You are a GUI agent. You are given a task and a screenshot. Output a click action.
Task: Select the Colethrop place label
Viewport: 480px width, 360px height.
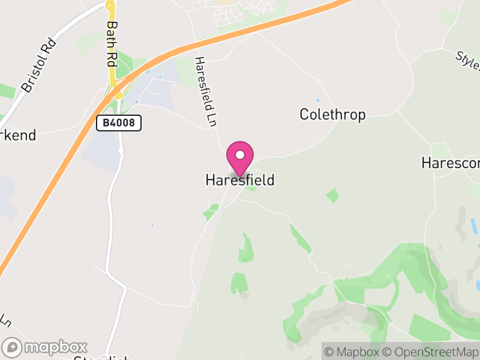(332, 115)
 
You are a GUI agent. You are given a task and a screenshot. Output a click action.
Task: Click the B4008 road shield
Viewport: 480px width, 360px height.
(119, 124)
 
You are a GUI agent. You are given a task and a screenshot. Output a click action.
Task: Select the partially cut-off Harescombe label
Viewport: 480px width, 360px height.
(451, 163)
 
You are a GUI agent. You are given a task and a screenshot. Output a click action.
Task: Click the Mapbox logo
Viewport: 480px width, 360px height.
(46, 347)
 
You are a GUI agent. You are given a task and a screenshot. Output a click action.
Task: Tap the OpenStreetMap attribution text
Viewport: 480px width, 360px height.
(431, 352)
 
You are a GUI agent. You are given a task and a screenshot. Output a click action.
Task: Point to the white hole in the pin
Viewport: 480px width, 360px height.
(240, 155)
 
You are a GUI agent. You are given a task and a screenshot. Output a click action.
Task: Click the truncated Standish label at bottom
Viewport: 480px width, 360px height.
(101, 358)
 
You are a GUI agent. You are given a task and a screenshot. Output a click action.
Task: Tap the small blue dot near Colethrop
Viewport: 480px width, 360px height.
(317, 100)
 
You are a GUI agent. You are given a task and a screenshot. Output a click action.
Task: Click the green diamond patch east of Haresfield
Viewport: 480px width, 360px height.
(332, 195)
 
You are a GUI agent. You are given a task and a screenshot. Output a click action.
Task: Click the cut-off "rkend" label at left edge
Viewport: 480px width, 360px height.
(18, 134)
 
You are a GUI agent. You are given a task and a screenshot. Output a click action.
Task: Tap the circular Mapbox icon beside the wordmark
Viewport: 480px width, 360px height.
(13, 347)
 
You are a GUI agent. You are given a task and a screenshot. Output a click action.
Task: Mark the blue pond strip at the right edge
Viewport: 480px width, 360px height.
(474, 226)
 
